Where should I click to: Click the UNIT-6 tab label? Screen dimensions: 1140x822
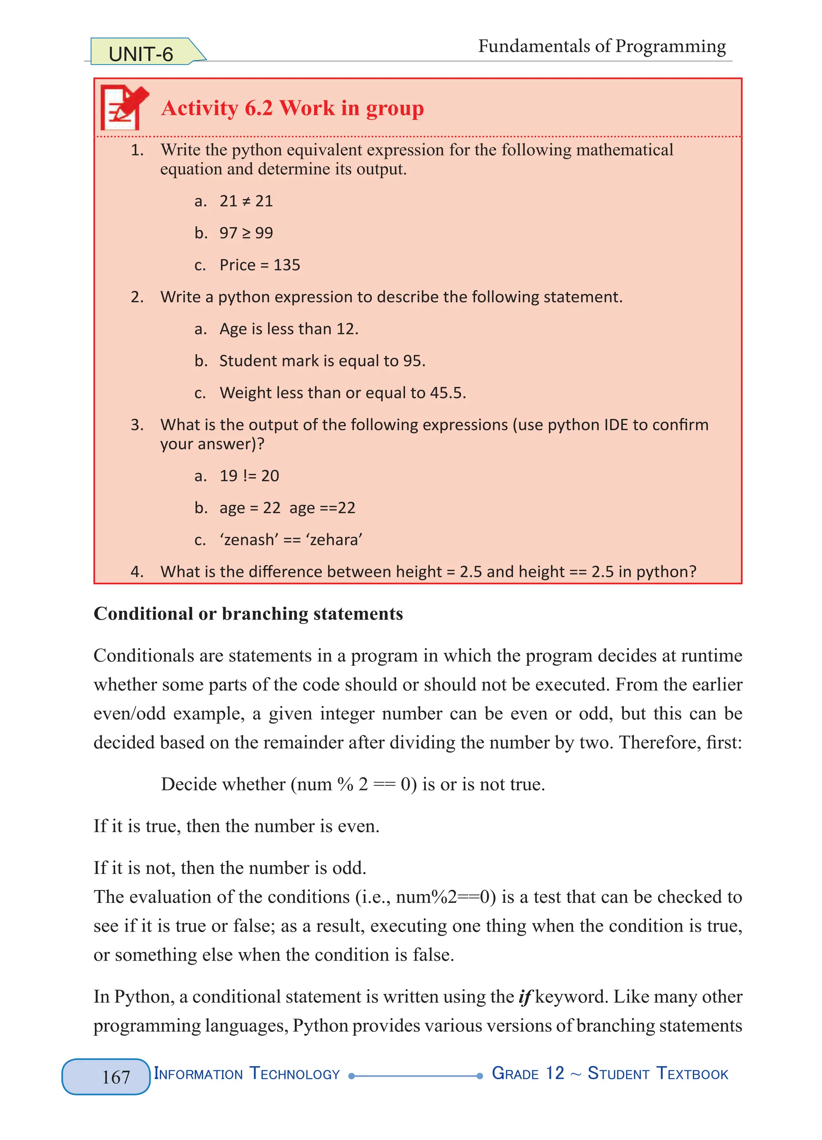coord(141,54)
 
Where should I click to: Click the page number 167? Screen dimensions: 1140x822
coord(116,1077)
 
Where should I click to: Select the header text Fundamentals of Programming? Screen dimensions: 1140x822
coord(601,46)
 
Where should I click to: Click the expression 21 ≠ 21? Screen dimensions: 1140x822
coord(246,201)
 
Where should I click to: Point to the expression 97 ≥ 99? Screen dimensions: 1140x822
coord(246,233)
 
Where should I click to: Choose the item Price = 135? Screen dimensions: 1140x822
coord(259,265)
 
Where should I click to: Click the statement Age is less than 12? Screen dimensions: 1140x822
coord(289,329)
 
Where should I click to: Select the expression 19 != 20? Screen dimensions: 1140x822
coord(249,476)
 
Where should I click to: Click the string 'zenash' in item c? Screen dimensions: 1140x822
coord(249,540)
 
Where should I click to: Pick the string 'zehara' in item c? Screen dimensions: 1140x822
coord(334,540)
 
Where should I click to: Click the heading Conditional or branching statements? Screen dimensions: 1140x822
coord(248,614)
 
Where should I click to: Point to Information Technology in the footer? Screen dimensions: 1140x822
coord(246,1074)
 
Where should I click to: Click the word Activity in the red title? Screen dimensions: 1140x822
coord(199,108)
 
